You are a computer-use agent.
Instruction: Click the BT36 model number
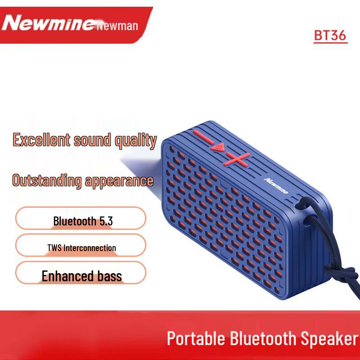pyautogui.click(x=330, y=36)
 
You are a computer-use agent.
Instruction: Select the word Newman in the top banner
pyautogui.click(x=117, y=26)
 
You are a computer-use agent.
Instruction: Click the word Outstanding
pyautogui.click(x=46, y=181)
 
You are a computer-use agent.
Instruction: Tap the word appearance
pyautogui.click(x=119, y=181)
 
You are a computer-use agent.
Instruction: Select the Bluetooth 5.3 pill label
pyautogui.click(x=83, y=221)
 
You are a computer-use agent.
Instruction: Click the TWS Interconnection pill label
pyautogui.click(x=81, y=247)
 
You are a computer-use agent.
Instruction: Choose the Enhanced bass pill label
pyautogui.click(x=81, y=275)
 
